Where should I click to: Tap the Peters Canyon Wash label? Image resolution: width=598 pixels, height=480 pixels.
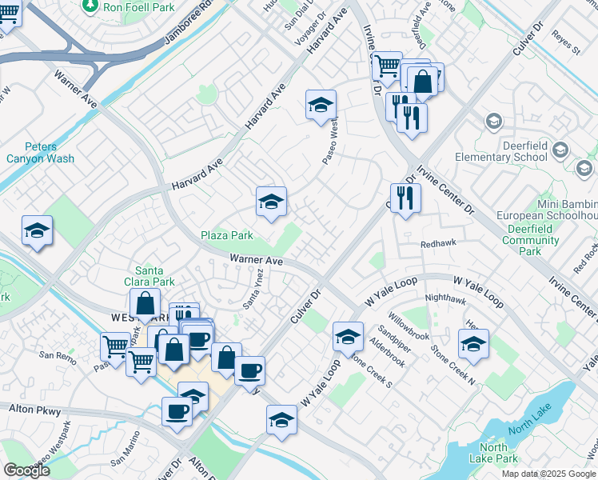point(49,152)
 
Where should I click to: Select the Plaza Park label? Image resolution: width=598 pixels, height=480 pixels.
point(226,236)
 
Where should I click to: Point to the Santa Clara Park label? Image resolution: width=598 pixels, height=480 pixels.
point(154,276)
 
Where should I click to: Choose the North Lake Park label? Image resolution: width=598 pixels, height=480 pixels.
point(495,453)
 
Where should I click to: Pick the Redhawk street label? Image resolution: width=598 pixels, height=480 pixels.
point(437,245)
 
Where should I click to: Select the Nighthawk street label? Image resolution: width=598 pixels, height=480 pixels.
point(445,298)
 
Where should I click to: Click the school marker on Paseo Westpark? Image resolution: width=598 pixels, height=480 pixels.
point(321,106)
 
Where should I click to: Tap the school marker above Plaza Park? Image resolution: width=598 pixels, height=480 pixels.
point(271,202)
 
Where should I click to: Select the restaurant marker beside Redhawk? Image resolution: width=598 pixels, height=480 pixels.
point(405,198)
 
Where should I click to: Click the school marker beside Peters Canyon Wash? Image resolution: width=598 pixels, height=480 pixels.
point(37,231)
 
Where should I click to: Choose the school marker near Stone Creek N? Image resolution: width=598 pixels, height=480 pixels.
point(473,345)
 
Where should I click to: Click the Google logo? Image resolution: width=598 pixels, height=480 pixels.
point(26,470)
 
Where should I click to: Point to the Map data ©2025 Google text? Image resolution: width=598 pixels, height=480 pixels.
point(548,474)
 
